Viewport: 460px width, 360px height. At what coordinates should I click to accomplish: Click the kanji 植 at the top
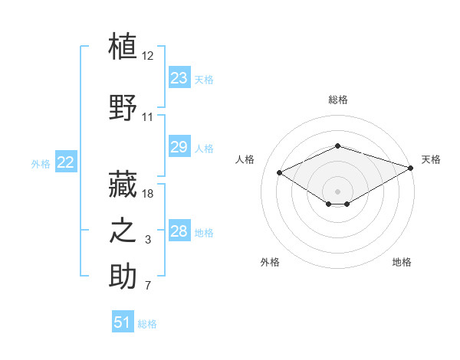point(123,46)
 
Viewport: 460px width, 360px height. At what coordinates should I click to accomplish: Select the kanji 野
point(123,107)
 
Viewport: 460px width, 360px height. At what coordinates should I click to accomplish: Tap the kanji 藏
point(123,184)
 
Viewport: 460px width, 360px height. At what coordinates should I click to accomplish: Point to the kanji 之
point(123,230)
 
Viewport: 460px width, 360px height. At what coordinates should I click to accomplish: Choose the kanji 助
point(123,276)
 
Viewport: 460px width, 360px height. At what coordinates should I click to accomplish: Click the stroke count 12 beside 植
point(147,56)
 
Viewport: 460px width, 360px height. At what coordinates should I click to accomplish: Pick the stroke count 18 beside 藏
point(147,194)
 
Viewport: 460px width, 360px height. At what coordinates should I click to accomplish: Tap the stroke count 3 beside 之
point(148,240)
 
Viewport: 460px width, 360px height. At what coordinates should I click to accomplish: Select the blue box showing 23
point(179,77)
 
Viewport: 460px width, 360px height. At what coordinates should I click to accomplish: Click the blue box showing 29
point(179,146)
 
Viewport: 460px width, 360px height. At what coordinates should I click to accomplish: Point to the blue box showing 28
point(179,230)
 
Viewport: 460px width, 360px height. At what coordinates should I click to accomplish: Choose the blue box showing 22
point(66,162)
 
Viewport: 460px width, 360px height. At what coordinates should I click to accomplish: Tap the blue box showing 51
point(123,321)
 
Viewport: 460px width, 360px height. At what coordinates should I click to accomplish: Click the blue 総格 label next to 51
point(147,324)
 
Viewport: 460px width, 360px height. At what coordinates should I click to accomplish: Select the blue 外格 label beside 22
point(41,164)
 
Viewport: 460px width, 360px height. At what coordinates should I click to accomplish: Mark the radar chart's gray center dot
point(337,191)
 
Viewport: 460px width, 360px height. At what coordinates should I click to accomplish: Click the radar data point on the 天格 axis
point(411,168)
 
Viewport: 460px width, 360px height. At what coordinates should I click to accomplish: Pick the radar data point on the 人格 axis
point(279,172)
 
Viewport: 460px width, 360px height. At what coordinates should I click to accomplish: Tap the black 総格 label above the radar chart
point(338,100)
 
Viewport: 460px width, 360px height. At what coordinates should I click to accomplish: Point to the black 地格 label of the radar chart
point(402,262)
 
